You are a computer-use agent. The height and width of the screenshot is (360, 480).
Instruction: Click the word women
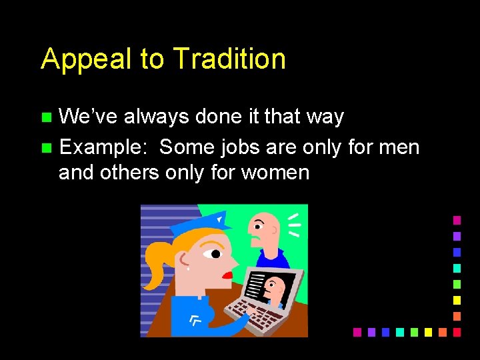click(275, 173)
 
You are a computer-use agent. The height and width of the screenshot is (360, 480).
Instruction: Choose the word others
click(130, 173)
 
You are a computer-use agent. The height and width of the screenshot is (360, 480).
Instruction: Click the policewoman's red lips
click(228, 274)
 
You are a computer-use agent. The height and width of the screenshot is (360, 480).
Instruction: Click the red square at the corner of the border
click(457, 331)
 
